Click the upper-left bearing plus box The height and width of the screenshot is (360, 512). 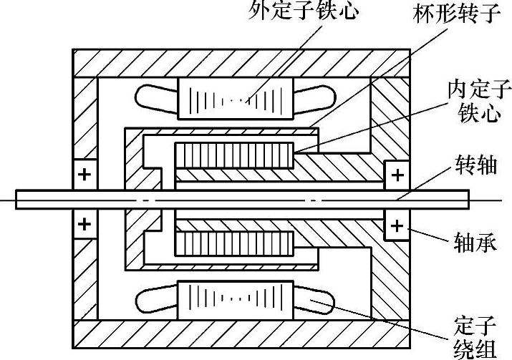pyautogui.click(x=84, y=175)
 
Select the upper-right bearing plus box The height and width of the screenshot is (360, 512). pyautogui.click(x=396, y=174)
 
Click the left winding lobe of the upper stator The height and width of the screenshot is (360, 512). pyautogui.click(x=157, y=98)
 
